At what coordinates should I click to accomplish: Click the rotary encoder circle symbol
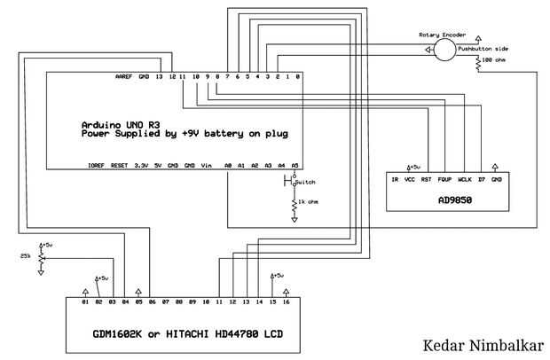[x=444, y=50]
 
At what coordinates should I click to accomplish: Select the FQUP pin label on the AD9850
[x=444, y=179]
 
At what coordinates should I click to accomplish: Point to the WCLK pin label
[x=464, y=179]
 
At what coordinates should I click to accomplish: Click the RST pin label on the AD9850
[x=426, y=179]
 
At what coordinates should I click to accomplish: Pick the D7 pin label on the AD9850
[x=481, y=179]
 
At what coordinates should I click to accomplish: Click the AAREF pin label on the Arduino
[x=124, y=77]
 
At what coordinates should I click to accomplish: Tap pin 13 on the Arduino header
[x=158, y=77]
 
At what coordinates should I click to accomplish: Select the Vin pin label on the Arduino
[x=207, y=165]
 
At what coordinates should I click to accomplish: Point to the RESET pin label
[x=120, y=165]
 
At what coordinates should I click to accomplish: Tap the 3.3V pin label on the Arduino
[x=140, y=165]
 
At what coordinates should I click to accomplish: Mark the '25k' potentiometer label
[x=24, y=256]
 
